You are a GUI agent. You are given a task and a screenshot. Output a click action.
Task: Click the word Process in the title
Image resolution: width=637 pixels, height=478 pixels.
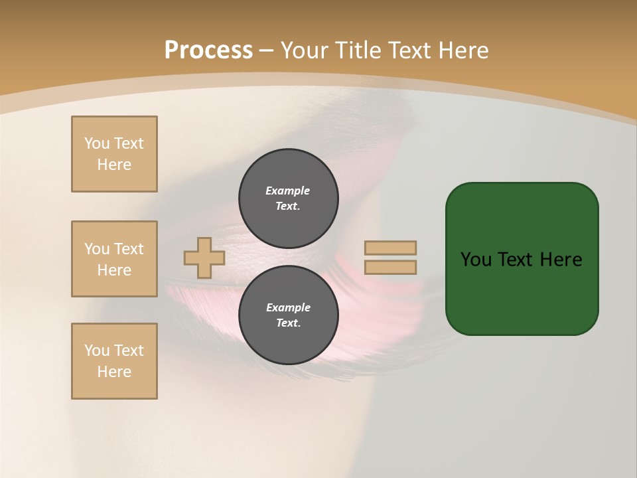pyautogui.click(x=208, y=50)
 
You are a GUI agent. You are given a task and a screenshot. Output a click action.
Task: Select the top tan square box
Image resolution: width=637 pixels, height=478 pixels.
pyautogui.click(x=114, y=154)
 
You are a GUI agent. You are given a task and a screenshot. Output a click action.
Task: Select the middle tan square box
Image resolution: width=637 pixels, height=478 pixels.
pyautogui.click(x=114, y=259)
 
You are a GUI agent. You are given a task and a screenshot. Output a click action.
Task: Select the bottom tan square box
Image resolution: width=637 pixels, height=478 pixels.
pyautogui.click(x=114, y=361)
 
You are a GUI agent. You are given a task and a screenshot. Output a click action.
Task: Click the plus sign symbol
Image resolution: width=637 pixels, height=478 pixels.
pyautogui.click(x=204, y=258)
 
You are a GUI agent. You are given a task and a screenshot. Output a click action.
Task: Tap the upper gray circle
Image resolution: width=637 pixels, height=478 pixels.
pyautogui.click(x=289, y=198)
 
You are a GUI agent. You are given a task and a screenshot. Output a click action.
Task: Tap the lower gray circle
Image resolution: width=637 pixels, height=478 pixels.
pyautogui.click(x=289, y=315)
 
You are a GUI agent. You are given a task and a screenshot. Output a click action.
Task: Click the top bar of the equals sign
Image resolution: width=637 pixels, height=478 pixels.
pyautogui.click(x=390, y=248)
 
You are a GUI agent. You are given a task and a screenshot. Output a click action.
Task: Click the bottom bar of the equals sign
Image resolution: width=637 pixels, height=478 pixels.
pyautogui.click(x=390, y=268)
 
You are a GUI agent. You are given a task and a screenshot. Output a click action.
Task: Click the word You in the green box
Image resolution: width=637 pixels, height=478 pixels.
pyautogui.click(x=476, y=260)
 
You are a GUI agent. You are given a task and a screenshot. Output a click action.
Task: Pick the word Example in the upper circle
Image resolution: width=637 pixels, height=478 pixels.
pyautogui.click(x=288, y=191)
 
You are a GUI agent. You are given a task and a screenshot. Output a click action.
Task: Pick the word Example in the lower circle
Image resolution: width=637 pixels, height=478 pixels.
pyautogui.click(x=288, y=307)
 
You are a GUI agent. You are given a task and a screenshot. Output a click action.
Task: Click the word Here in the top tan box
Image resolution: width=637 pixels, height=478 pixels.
pyautogui.click(x=114, y=165)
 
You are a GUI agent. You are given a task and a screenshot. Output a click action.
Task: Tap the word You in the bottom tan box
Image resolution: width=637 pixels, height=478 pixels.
pyautogui.click(x=97, y=351)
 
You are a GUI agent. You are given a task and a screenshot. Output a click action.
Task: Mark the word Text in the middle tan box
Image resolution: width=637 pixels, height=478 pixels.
pyautogui.click(x=129, y=249)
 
